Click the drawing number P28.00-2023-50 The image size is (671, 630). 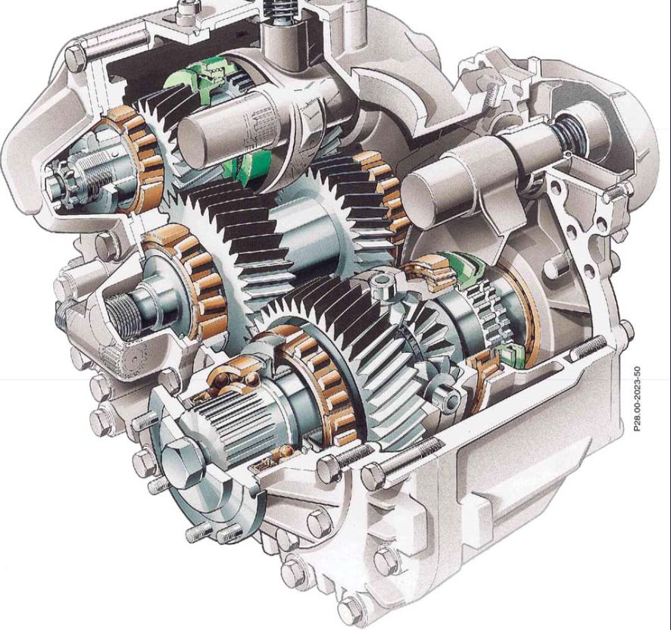coord(637,398)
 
